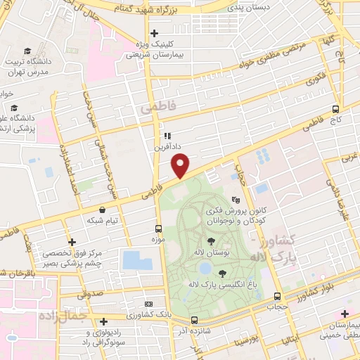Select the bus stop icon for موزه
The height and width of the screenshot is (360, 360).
coord(157,229)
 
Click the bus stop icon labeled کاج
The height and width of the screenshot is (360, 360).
coord(335,109)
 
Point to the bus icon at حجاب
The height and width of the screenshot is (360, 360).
coord(277,296)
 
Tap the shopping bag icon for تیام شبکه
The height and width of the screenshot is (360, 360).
coord(103,209)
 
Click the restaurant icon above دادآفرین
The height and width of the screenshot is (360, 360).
coord(167,136)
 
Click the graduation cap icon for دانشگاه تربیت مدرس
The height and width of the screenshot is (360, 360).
coord(27,51)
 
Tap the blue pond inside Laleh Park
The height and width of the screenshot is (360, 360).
coord(204,268)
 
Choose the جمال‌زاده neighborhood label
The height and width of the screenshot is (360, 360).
coord(58,316)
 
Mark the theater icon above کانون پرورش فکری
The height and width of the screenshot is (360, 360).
coord(245,199)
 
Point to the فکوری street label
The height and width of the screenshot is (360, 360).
coord(319,79)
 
